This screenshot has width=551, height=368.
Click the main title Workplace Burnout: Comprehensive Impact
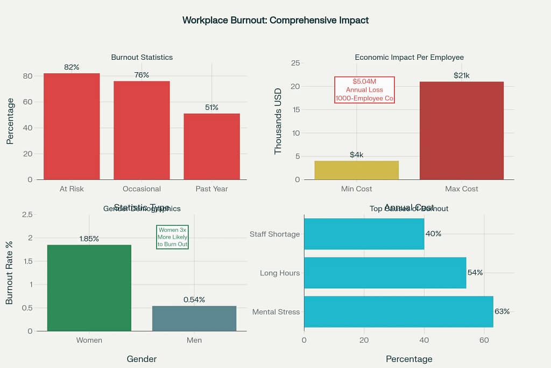coord(275,20)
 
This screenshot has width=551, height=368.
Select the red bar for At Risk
coord(72,127)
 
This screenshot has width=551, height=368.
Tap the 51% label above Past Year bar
coord(211,108)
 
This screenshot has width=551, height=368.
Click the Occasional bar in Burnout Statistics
coord(142,130)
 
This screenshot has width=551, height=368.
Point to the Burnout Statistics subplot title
coord(142,57)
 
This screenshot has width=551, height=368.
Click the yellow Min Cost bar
coord(356,170)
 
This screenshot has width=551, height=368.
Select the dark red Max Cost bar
coord(461,131)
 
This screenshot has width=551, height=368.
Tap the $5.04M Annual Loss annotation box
coord(364,90)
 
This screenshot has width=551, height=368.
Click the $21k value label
coord(461,76)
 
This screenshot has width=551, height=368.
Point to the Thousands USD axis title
coord(278,121)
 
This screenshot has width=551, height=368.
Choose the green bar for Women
coord(89,288)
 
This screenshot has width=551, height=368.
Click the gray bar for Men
coord(194,318)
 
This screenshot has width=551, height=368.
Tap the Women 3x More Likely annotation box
coord(172,237)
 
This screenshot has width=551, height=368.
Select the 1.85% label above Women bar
coord(89,239)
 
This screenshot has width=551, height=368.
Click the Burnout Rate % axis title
coord(9,273)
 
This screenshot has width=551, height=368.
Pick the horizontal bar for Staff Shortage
coord(364,234)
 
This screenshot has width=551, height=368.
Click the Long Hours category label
coord(280,273)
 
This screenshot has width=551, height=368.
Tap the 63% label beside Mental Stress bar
coord(502,311)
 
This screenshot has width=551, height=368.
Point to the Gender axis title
coord(142,359)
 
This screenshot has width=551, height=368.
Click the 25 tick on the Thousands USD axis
coord(295,63)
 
